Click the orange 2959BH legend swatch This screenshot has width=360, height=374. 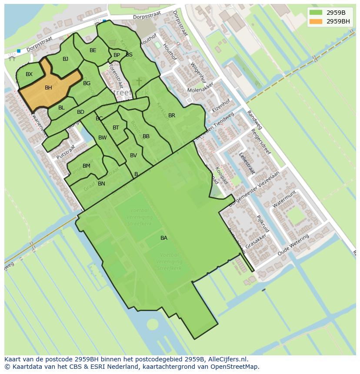[316, 21]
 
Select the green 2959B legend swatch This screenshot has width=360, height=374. [316, 13]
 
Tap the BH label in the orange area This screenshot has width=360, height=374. [48, 88]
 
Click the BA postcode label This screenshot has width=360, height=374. [164, 238]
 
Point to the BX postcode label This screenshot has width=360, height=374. [29, 74]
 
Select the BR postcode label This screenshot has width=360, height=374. [172, 116]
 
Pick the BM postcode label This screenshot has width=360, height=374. [87, 166]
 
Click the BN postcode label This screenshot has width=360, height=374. [101, 184]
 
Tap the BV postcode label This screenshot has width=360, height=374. [133, 156]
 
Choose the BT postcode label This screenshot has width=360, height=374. [116, 128]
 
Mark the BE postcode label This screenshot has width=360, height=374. [93, 50]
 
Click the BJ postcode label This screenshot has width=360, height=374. [65, 59]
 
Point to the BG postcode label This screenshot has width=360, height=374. [87, 83]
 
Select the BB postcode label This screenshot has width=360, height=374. [146, 136]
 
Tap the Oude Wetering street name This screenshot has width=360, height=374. [293, 245]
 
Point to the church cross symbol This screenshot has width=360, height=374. [139, 81]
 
